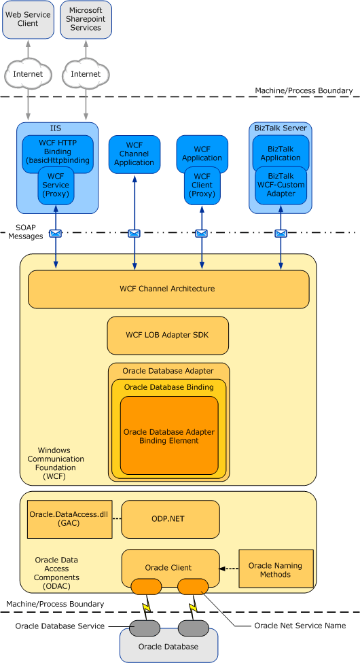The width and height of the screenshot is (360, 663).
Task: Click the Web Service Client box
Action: (x=28, y=19)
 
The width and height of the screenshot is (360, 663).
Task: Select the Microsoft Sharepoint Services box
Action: (x=86, y=19)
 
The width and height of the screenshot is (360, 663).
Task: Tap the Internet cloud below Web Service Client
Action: (x=28, y=73)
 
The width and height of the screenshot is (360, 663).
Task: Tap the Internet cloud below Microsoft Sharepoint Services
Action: (x=86, y=73)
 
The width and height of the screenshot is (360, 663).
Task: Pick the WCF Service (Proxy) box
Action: (x=56, y=185)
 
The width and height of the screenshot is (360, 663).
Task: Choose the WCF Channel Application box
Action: (x=134, y=154)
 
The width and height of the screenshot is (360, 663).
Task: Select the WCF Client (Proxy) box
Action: (x=202, y=185)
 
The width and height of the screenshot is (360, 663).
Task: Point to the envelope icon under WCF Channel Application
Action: (x=134, y=234)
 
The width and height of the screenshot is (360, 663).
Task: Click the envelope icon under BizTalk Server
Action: (x=281, y=234)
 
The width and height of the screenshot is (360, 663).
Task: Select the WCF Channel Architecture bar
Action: (x=168, y=289)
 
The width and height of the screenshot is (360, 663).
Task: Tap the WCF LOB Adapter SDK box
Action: (x=168, y=335)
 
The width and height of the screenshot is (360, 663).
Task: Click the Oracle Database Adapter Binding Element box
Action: (x=169, y=435)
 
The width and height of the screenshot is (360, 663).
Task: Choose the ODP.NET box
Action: (x=170, y=519)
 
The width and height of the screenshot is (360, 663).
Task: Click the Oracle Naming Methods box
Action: (x=275, y=569)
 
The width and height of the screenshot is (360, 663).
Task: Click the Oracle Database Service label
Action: (x=61, y=626)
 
